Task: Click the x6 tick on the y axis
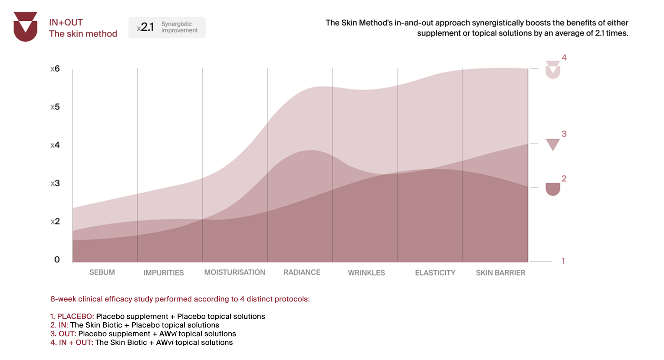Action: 55,69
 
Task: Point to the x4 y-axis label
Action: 55,145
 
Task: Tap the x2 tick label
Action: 55,221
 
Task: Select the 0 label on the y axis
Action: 57,259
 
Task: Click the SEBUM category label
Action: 102,272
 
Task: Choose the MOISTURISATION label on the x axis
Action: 235,272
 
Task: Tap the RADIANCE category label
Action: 302,272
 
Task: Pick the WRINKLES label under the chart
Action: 366,273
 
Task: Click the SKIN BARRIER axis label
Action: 500,273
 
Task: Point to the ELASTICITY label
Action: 435,273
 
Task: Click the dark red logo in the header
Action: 25,26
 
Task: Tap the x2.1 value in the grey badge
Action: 145,27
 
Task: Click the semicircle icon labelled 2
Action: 553,189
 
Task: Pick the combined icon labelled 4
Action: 553,69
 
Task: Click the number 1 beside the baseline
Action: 563,261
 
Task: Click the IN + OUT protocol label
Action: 76,343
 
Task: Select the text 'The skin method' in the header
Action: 83,34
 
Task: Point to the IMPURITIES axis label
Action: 164,273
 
